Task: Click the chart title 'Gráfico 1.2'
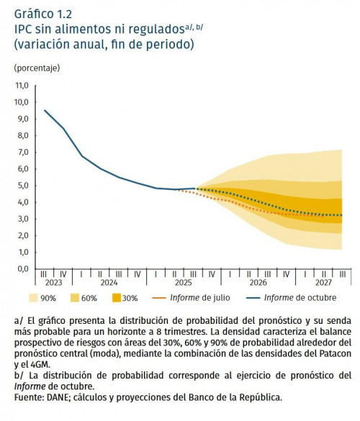42,14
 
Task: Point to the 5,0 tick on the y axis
22,185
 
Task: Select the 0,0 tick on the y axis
22,268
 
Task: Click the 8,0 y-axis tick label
22,135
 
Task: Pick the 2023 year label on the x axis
53,283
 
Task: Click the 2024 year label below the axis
109,283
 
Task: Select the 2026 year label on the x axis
257,283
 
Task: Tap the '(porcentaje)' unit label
37,68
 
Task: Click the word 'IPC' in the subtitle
24,29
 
